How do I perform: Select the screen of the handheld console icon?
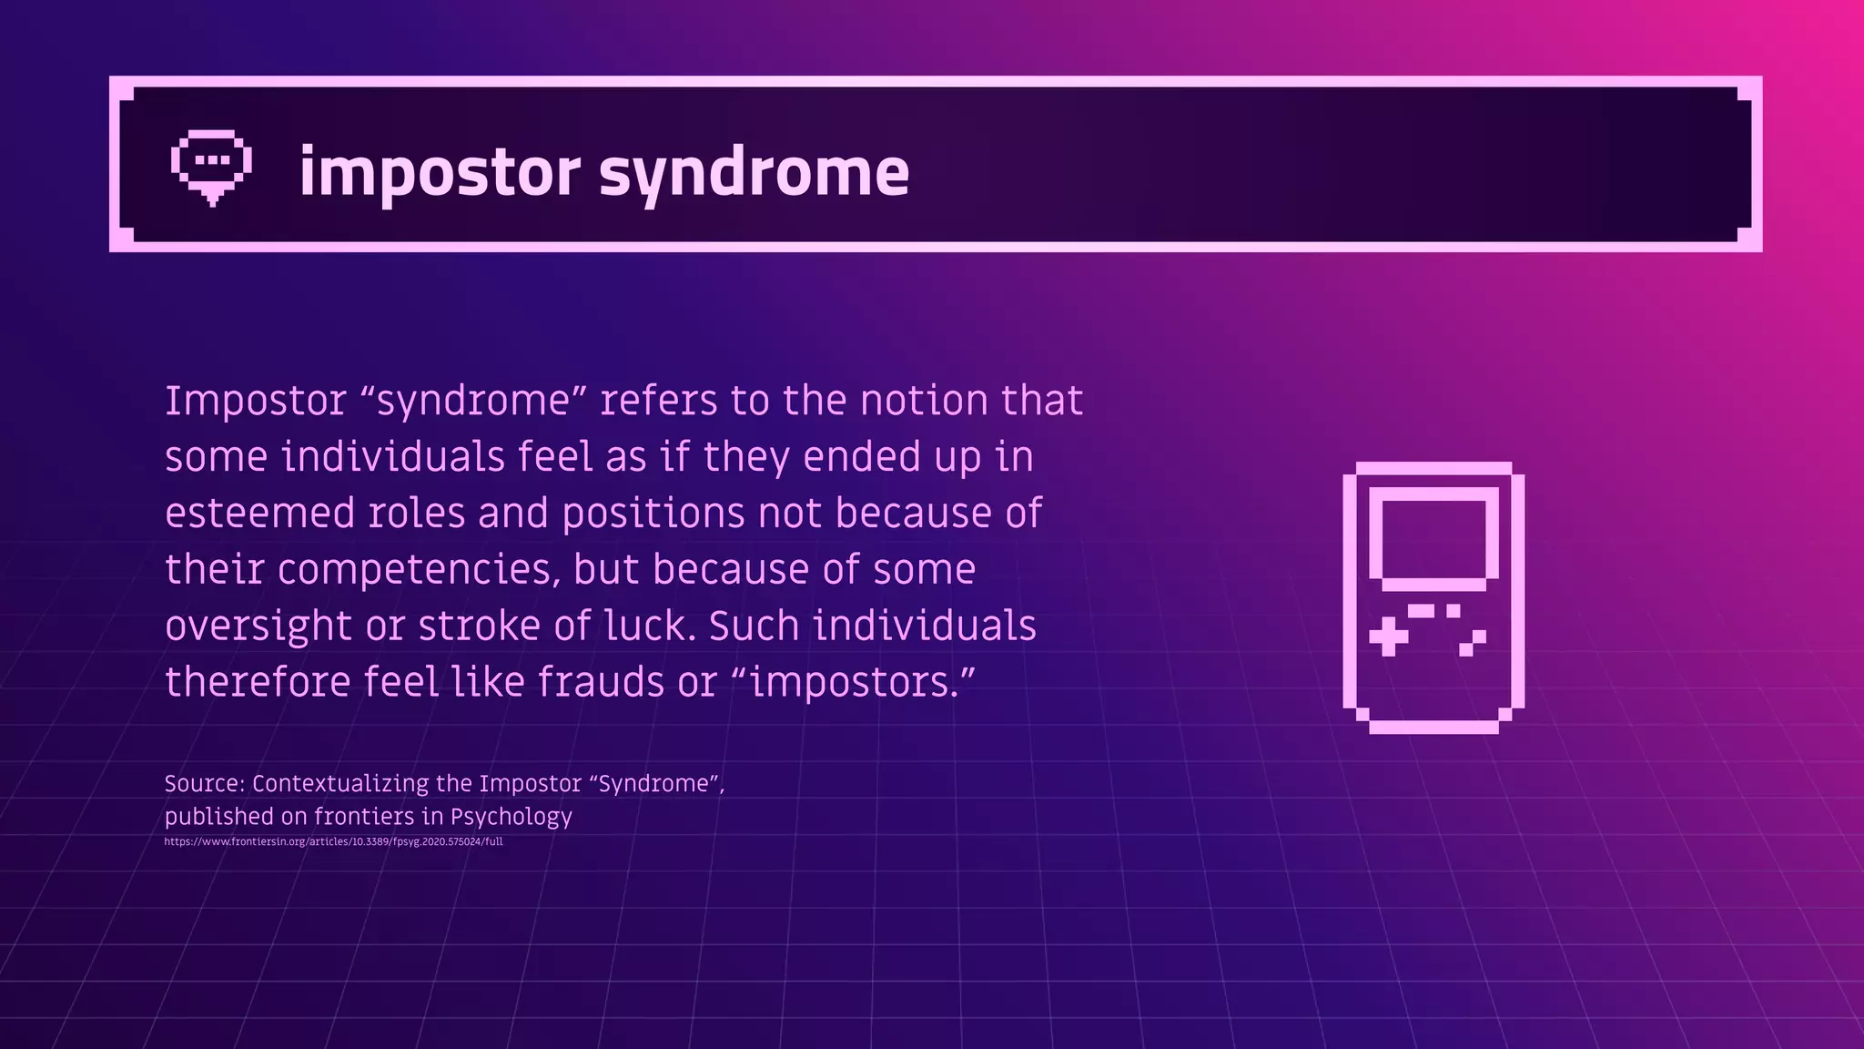click(x=1433, y=537)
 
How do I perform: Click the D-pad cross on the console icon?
click(x=1388, y=636)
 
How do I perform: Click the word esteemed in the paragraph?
click(x=260, y=513)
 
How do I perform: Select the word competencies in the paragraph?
click(x=417, y=570)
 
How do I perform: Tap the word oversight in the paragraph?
click(x=258, y=626)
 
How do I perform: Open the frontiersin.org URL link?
click(x=333, y=841)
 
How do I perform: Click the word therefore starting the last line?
click(x=258, y=682)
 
